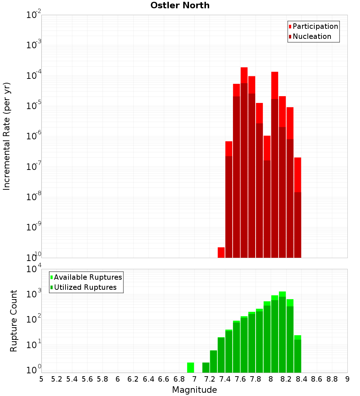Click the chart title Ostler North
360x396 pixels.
coord(180,5)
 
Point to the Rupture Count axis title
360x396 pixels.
coord(14,320)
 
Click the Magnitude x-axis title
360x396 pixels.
coord(194,390)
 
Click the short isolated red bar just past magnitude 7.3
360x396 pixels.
coord(221,252)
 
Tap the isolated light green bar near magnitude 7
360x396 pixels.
coord(190,368)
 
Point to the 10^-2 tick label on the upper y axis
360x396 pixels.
coord(34,15)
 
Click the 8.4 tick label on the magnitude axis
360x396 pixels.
coord(302,379)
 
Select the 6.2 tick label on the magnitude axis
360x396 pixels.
coord(133,379)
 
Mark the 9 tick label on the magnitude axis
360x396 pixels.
coord(347,379)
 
